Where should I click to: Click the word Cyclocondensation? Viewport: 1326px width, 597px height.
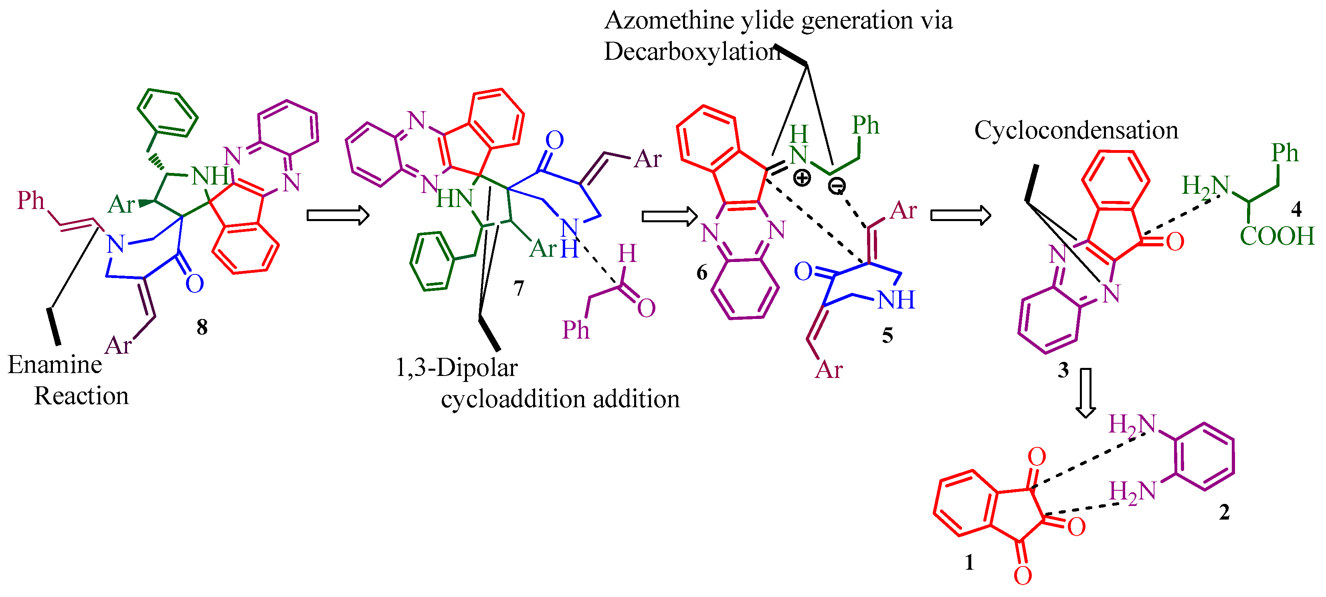(1076, 131)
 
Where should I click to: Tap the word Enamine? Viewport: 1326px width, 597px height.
(55, 365)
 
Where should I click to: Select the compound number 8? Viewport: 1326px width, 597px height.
(202, 327)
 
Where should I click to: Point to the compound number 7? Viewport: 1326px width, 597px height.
(518, 288)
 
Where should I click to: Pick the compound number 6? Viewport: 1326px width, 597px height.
(701, 272)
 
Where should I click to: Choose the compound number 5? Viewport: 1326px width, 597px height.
(887, 335)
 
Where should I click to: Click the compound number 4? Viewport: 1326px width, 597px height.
(1296, 209)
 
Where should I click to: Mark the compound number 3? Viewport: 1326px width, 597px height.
(1063, 370)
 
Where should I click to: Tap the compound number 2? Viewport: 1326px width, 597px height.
(1225, 512)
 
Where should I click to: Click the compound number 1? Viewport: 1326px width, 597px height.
(969, 562)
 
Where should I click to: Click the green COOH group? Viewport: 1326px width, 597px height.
(1277, 236)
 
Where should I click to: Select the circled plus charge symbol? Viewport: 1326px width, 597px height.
(801, 178)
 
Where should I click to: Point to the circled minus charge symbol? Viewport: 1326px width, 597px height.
(837, 185)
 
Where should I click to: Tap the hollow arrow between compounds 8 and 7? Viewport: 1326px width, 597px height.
(338, 215)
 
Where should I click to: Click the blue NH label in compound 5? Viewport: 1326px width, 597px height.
(896, 300)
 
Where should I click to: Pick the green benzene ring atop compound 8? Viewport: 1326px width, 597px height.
(167, 113)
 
